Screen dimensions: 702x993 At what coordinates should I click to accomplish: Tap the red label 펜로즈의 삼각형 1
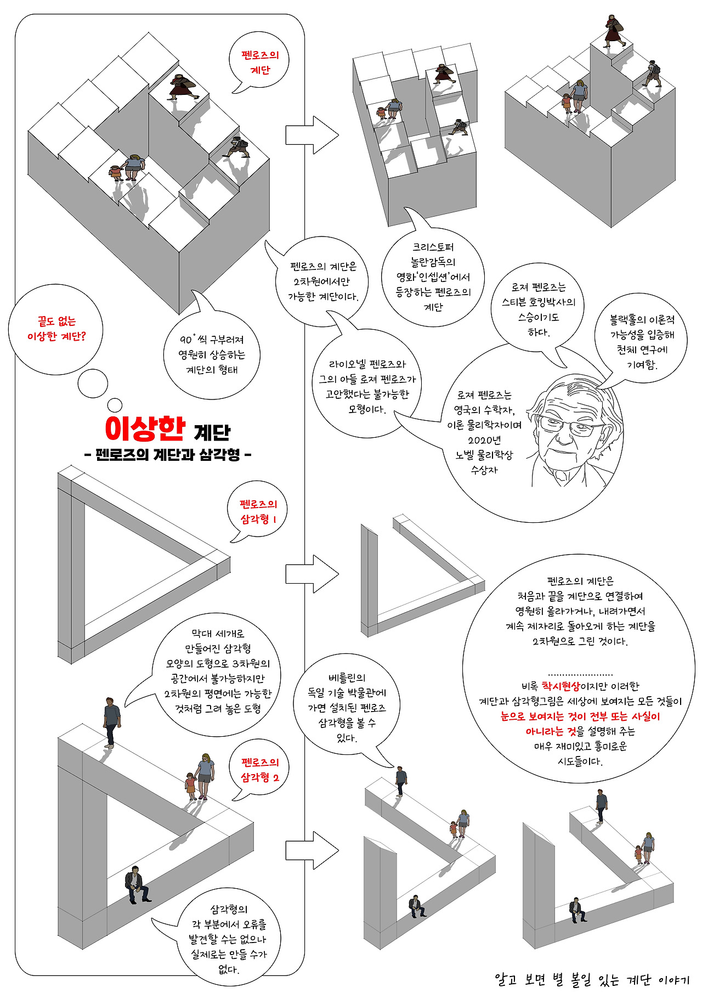[258, 511]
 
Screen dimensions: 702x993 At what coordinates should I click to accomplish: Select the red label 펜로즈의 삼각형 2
[260, 770]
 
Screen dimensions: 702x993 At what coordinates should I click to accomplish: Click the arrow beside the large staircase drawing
[312, 134]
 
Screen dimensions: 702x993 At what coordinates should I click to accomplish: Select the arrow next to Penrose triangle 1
[312, 573]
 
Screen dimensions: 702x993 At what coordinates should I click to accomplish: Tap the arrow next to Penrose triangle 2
[312, 850]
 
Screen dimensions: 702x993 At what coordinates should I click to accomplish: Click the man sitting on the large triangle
[135, 884]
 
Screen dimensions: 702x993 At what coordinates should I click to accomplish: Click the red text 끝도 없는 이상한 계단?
[56, 329]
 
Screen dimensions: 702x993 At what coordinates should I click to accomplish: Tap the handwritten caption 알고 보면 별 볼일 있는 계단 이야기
[591, 978]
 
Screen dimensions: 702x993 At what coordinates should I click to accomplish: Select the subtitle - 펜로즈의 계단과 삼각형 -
[168, 455]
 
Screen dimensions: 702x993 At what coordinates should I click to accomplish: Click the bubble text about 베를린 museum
[347, 708]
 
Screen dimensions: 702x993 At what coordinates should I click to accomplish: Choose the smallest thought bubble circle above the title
[115, 405]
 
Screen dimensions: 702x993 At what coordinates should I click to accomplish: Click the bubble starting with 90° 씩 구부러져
[212, 354]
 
